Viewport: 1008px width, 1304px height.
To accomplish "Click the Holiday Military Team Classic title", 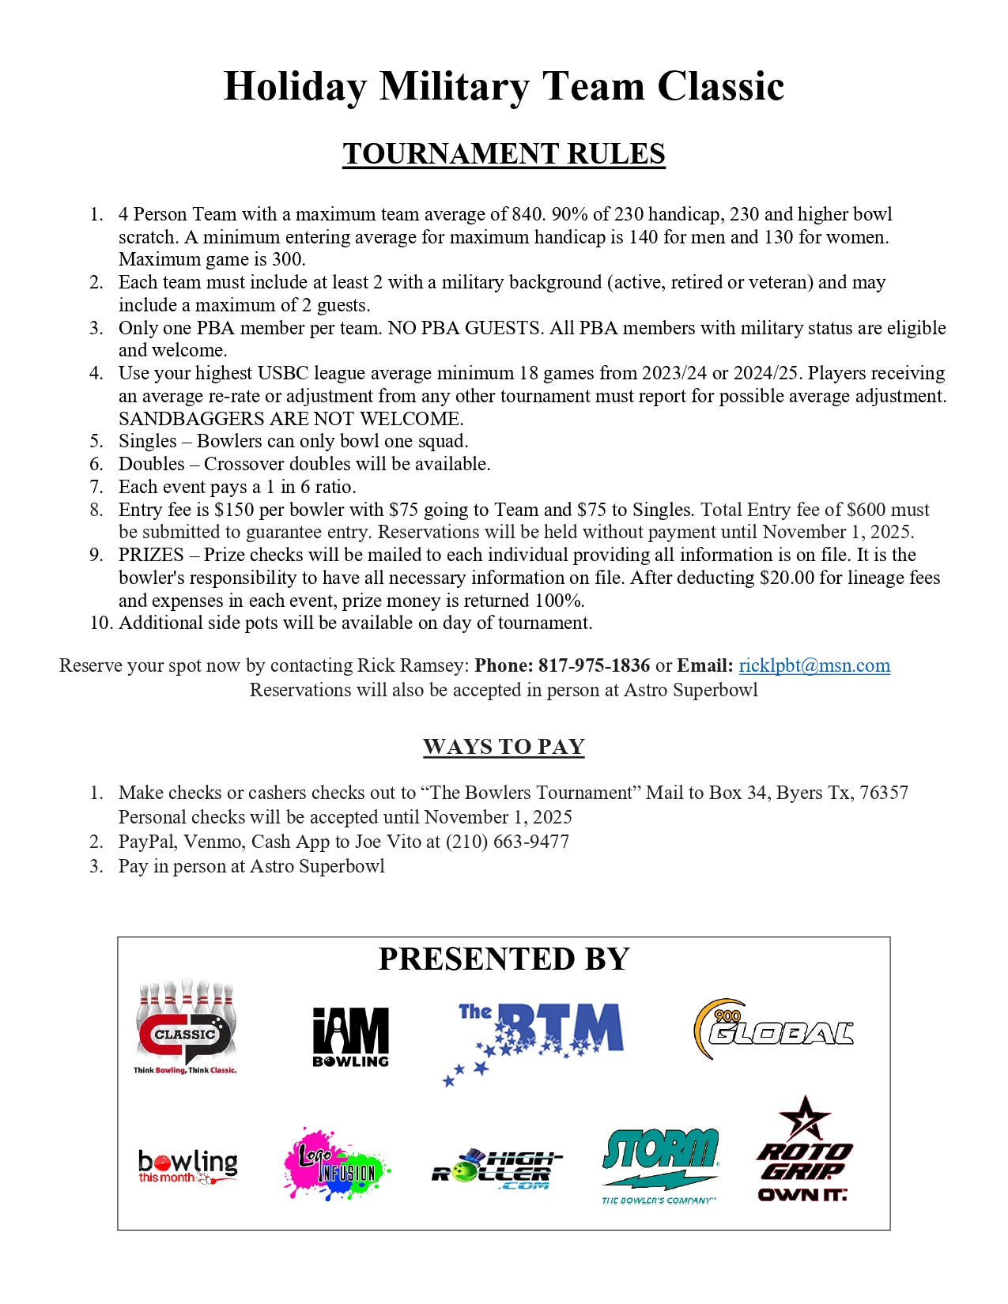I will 504,86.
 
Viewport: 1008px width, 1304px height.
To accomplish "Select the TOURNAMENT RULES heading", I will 504,154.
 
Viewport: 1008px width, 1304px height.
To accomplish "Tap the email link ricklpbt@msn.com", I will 814,665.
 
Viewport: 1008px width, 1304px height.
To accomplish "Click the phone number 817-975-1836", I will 595,665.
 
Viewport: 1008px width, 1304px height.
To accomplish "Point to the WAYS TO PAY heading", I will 504,747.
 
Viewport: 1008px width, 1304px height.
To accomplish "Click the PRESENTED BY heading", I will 504,959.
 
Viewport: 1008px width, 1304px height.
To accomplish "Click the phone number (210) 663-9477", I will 508,842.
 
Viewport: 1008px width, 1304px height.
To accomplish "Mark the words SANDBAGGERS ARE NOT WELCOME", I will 291,419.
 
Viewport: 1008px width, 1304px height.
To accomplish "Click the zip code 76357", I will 884,793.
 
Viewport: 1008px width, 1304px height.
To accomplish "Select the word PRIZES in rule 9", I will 151,555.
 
